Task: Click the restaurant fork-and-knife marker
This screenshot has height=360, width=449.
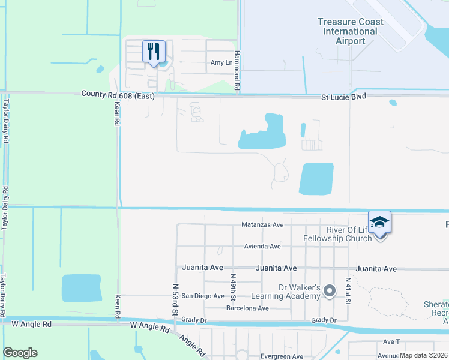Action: click(154, 51)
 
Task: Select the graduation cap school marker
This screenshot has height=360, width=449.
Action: click(379, 223)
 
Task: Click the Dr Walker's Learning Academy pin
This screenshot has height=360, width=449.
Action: click(329, 292)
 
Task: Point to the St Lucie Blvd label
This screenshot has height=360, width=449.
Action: click(343, 96)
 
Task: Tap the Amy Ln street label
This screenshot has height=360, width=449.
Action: click(221, 63)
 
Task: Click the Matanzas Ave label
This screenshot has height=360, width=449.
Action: click(262, 224)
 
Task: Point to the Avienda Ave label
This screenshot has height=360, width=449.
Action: click(262, 246)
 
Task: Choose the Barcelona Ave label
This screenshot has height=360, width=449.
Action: click(247, 308)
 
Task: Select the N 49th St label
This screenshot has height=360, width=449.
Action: click(233, 286)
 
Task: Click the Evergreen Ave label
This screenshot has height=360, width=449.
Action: click(281, 356)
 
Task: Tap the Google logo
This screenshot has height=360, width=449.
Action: click(20, 353)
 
